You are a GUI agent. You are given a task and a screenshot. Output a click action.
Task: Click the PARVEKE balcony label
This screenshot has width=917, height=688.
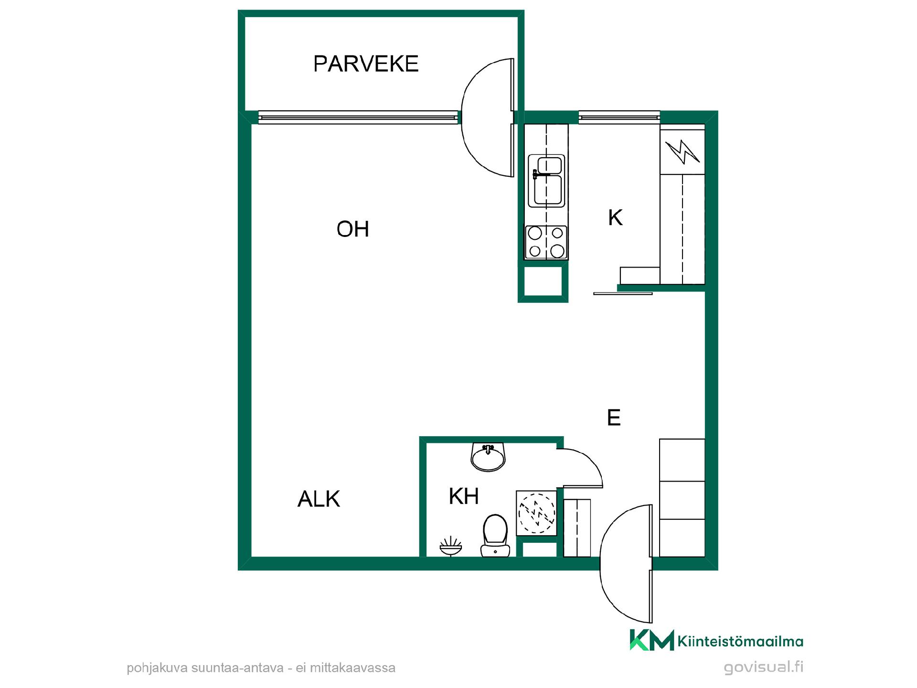[366, 64]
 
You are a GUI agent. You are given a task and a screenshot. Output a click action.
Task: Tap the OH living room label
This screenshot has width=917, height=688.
[353, 229]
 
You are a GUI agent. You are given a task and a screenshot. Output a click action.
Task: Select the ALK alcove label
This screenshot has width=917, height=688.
[319, 499]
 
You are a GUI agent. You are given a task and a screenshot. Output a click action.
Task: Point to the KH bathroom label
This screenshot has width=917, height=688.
[464, 496]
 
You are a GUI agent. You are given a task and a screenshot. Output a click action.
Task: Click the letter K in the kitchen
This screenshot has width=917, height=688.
[615, 218]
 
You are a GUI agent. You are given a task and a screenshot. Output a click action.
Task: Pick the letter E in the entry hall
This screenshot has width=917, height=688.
[614, 418]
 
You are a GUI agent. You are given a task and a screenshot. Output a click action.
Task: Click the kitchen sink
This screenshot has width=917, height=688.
[546, 181]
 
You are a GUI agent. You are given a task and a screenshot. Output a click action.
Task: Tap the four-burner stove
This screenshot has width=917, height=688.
[546, 242]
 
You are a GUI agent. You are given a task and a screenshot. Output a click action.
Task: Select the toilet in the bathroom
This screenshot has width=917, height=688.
[495, 536]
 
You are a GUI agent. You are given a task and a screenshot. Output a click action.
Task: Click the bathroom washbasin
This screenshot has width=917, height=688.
[488, 457]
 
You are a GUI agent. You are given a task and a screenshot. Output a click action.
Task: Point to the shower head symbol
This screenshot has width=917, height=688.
[451, 547]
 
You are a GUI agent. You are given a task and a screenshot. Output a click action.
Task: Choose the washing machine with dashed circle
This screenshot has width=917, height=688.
[537, 513]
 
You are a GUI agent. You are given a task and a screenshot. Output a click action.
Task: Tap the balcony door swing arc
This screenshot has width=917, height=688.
[462, 118]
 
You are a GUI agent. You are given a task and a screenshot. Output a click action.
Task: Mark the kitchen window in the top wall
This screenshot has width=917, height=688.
[619, 117]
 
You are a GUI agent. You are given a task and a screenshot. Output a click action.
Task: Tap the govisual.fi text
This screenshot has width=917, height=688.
[764, 667]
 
